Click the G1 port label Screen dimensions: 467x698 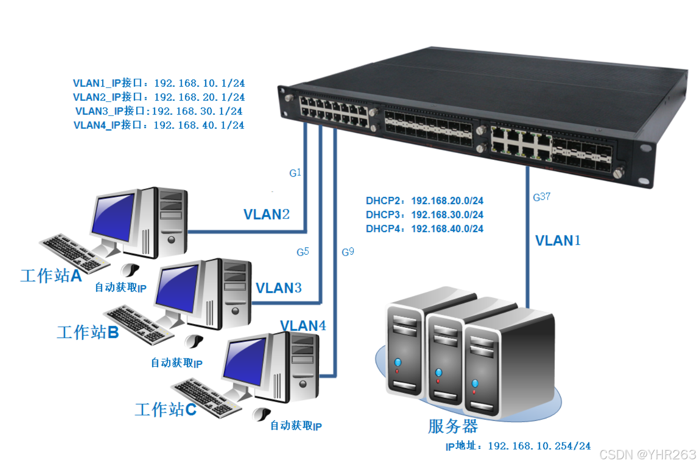pyautogui.click(x=295, y=173)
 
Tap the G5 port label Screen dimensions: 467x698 pyautogui.click(x=303, y=252)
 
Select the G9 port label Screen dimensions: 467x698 pyautogui.click(x=348, y=252)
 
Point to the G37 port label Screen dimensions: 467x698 pyautogui.click(x=541, y=197)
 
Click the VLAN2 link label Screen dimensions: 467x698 pyautogui.click(x=266, y=214)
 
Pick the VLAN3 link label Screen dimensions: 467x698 pyautogui.click(x=278, y=288)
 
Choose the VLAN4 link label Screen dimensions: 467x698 pyautogui.click(x=303, y=326)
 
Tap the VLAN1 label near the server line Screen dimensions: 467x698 pyautogui.click(x=558, y=241)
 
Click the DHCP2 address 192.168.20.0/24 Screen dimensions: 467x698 pyautogui.click(x=447, y=201)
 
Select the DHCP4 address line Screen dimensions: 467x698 pyautogui.click(x=424, y=229)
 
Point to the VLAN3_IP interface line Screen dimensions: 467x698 pyautogui.click(x=159, y=111)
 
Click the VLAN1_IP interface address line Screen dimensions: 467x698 pyautogui.click(x=159, y=83)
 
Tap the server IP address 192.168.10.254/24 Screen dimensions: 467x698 pyautogui.click(x=539, y=446)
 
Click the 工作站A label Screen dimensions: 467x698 pyautogui.click(x=51, y=275)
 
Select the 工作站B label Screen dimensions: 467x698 pyautogui.click(x=88, y=332)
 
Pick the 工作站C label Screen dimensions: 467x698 pyautogui.click(x=165, y=410)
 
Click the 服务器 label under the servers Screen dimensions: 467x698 pyautogui.click(x=452, y=426)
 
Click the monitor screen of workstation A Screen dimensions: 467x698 pyautogui.click(x=114, y=216)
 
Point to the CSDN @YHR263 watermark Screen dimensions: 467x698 pyautogui.click(x=647, y=454)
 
